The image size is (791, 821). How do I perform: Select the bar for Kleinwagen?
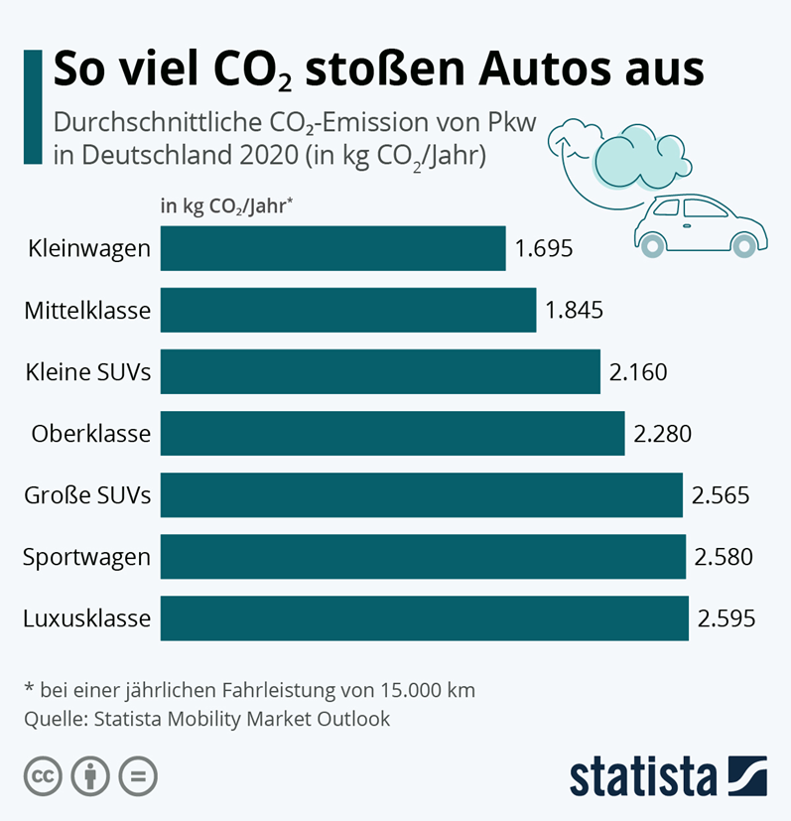(x=332, y=248)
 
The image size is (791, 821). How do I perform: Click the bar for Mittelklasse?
(x=347, y=310)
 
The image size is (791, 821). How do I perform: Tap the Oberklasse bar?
(x=392, y=433)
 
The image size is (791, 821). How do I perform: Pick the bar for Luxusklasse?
(x=424, y=618)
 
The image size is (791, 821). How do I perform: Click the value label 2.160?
(x=638, y=372)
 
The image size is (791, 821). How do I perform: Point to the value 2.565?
(x=721, y=495)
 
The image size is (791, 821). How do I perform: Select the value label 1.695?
(x=544, y=248)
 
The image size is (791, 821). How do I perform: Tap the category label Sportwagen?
(x=87, y=557)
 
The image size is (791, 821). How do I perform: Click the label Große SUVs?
(x=88, y=495)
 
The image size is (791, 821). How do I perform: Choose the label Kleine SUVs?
(x=88, y=372)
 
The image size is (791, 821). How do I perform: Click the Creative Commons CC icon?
(x=43, y=775)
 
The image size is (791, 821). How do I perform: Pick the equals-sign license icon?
(x=138, y=775)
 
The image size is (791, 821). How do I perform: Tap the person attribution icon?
(x=90, y=775)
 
